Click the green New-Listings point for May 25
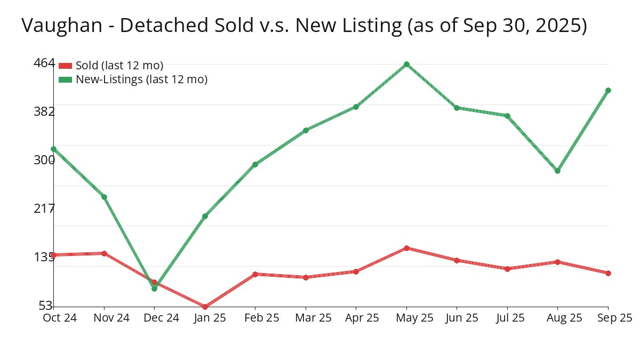(x=406, y=65)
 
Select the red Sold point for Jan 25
(x=205, y=307)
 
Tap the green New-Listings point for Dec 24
(x=155, y=289)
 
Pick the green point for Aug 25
(x=558, y=171)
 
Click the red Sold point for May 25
(x=406, y=248)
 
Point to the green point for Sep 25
(x=608, y=90)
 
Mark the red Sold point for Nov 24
(x=104, y=253)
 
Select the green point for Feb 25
(x=255, y=164)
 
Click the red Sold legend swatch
(x=65, y=66)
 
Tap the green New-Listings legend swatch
(x=65, y=79)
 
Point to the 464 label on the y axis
(x=44, y=63)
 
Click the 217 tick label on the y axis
(x=44, y=208)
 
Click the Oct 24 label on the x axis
(x=60, y=318)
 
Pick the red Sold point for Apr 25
(x=356, y=271)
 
